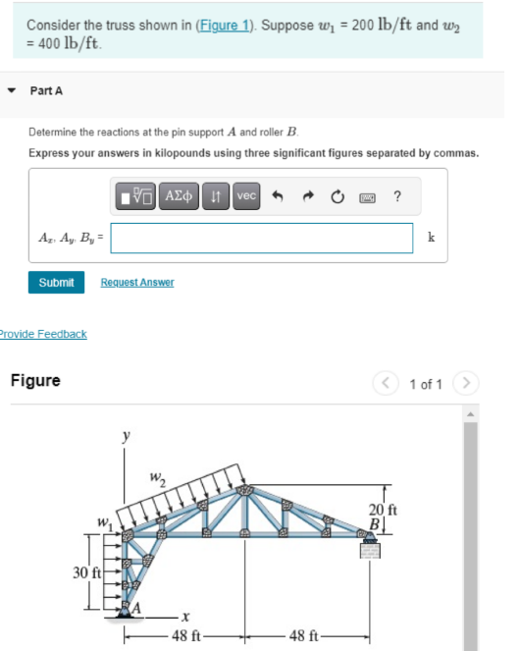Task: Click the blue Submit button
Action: (56, 282)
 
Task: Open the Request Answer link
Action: (136, 282)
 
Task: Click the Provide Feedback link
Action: (42, 334)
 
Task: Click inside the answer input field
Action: (261, 238)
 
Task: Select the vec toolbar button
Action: (246, 196)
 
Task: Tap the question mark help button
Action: (396, 196)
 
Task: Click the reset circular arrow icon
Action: (338, 196)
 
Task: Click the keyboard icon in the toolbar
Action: (368, 196)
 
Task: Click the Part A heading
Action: (46, 90)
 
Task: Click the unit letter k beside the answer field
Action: (431, 238)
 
